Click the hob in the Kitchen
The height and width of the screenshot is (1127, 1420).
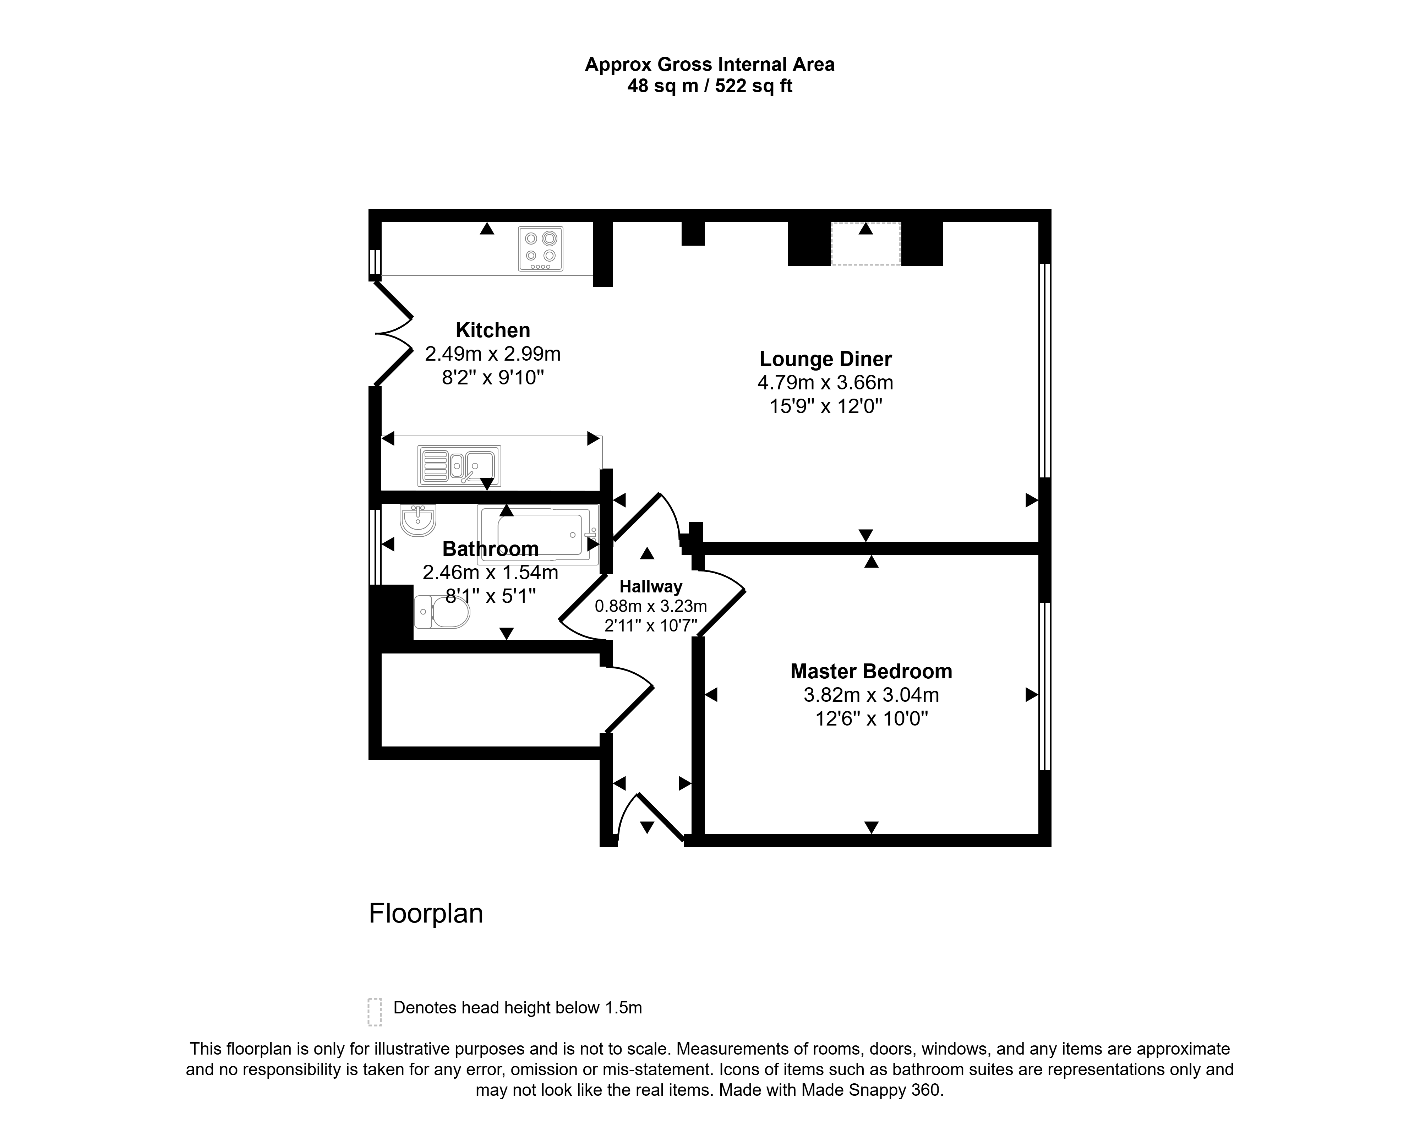coord(540,248)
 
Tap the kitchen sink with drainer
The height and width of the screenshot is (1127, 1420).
coord(459,466)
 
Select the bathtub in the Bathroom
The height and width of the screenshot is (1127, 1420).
coord(538,535)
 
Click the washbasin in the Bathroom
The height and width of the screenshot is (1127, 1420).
coord(417,520)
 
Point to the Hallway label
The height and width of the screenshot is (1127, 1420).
coord(651,586)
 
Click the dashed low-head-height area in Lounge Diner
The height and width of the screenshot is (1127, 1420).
coord(865,244)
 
